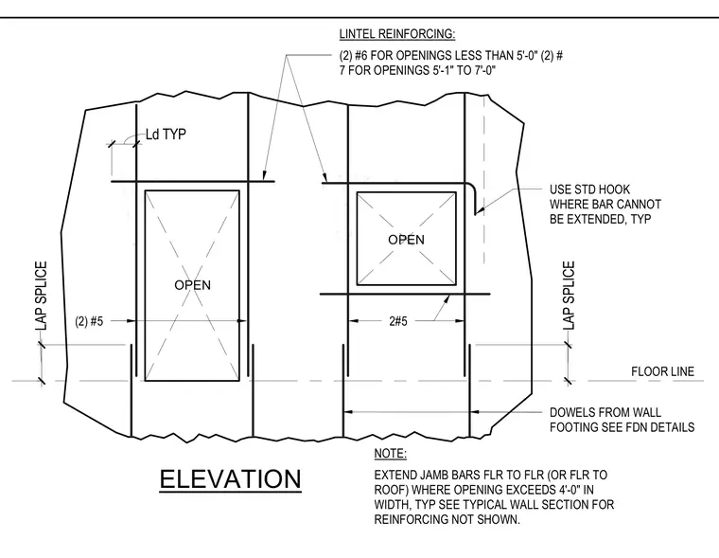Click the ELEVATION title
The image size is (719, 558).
point(230,479)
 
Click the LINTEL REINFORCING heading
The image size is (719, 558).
point(397,34)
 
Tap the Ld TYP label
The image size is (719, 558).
point(166,135)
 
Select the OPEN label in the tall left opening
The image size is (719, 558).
point(193,285)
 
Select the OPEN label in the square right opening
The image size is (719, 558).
point(406,240)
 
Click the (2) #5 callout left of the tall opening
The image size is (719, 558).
point(90,321)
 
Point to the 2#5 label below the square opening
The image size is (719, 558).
point(398,321)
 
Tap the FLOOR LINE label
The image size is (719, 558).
point(662,371)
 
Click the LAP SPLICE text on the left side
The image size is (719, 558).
point(42,296)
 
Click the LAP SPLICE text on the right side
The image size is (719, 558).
point(569,296)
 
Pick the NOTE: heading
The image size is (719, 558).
point(390,454)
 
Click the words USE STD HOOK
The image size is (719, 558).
point(589,189)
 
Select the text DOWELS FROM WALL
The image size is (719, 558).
point(605,412)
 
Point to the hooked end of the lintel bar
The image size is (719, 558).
point(474,197)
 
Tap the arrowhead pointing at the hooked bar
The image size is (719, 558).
point(479,210)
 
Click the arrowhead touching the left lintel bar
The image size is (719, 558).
point(264,175)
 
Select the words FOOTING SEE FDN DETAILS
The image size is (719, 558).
point(623,427)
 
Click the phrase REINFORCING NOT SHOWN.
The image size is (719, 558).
point(447,519)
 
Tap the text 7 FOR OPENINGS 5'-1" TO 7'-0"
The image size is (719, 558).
point(418,70)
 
